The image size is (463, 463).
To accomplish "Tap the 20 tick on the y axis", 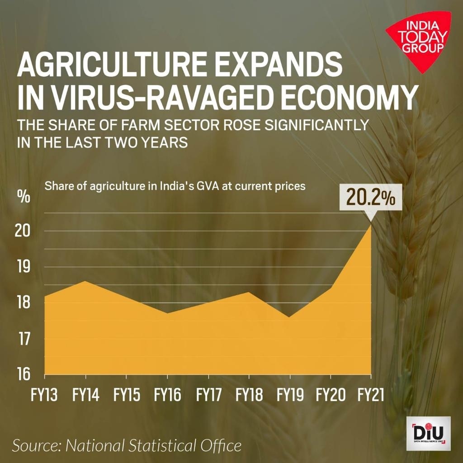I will [x=24, y=231].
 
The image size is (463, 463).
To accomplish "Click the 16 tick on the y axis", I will [x=24, y=374].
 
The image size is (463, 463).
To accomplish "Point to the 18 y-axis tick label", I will [x=24, y=302].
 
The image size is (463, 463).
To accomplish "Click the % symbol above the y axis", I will [x=24, y=197].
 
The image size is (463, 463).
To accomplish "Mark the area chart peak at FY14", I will [x=85, y=281].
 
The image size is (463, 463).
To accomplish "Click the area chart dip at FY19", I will [x=290, y=317].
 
